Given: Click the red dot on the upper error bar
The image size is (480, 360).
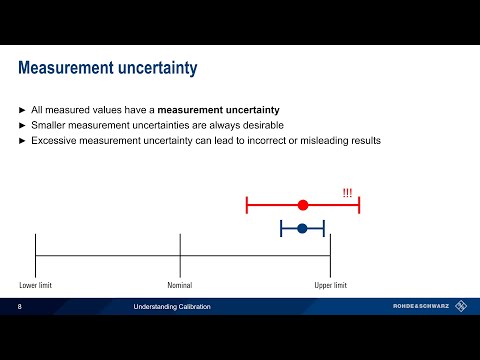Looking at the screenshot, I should [x=303, y=205].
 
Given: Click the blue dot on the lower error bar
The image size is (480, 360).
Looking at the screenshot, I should [x=302, y=229].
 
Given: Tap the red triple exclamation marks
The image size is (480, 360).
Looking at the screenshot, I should [x=347, y=192].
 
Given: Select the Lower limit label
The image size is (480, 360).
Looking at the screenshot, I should [x=35, y=286].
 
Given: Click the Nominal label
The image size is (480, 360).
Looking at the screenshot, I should [x=180, y=286].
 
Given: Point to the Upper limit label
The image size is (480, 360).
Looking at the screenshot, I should [x=331, y=286].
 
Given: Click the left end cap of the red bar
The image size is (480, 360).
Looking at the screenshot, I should [x=247, y=205].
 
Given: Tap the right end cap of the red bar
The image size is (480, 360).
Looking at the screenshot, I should [x=358, y=205].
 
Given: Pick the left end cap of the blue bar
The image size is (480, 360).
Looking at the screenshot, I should [x=281, y=229].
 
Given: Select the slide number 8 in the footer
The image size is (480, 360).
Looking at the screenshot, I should [x=20, y=306].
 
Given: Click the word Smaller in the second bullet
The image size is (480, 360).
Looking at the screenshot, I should [x=50, y=124].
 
